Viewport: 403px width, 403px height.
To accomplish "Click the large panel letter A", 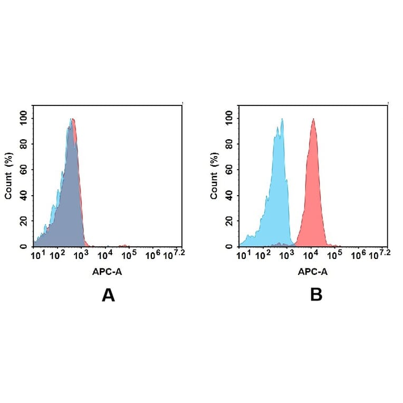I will [108, 295].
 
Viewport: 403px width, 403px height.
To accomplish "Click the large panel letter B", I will [316, 295].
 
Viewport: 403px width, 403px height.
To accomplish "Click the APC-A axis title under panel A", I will [108, 272].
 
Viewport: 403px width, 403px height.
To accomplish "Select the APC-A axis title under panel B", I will [313, 272].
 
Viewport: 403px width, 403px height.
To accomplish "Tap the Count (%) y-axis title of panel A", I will [8, 176].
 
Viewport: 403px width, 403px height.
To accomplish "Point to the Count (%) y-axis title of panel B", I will [214, 176].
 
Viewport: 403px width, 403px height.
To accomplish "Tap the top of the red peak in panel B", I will [313, 120].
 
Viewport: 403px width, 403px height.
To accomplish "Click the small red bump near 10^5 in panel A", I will [124, 245].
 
